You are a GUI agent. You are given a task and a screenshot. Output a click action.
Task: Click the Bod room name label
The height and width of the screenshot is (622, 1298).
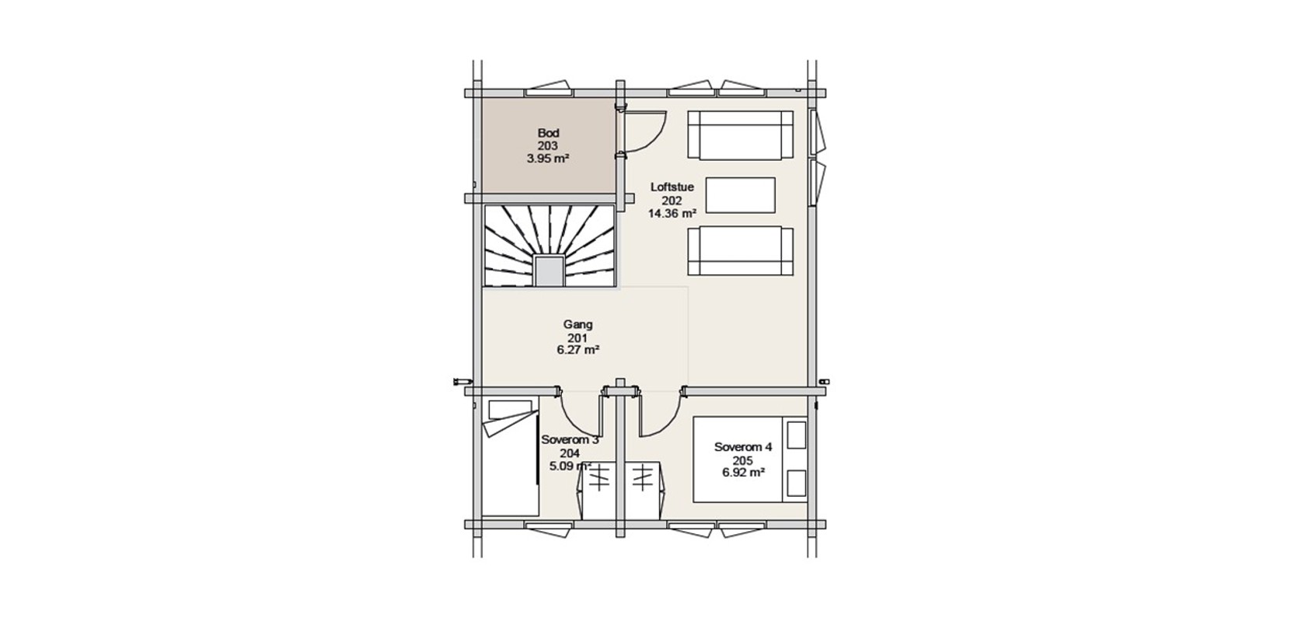(x=548, y=133)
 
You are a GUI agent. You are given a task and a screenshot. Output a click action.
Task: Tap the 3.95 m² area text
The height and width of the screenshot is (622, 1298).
(x=548, y=159)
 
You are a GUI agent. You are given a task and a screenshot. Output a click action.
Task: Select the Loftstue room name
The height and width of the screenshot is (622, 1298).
(x=672, y=187)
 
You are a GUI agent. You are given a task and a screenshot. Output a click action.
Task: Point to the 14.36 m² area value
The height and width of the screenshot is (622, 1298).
(x=672, y=213)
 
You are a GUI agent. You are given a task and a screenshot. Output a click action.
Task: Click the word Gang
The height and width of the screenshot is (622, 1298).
(x=577, y=325)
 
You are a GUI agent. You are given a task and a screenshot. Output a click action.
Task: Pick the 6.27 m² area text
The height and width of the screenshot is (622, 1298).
(x=577, y=350)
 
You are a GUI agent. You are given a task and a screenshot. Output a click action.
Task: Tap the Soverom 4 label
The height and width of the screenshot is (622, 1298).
(x=743, y=448)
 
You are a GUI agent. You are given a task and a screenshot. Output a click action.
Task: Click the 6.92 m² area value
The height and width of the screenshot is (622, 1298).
(x=743, y=473)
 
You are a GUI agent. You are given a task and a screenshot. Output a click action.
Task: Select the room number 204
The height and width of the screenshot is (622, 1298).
(x=570, y=453)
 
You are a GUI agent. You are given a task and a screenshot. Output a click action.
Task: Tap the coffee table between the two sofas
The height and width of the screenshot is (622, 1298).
(x=741, y=195)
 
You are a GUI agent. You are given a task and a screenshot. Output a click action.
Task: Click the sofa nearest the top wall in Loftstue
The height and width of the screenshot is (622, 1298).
(x=741, y=135)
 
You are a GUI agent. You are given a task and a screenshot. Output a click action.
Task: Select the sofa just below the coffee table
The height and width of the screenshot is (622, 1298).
(x=741, y=251)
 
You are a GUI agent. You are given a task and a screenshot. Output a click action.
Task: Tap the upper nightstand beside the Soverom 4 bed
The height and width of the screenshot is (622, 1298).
(x=797, y=435)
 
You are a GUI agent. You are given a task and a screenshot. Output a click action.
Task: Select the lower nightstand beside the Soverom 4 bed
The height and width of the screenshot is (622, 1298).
(x=797, y=484)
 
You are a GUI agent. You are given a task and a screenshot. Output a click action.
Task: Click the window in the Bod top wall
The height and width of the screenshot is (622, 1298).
(x=549, y=89)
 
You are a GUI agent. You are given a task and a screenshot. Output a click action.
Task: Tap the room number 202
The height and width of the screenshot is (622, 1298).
(x=672, y=201)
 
